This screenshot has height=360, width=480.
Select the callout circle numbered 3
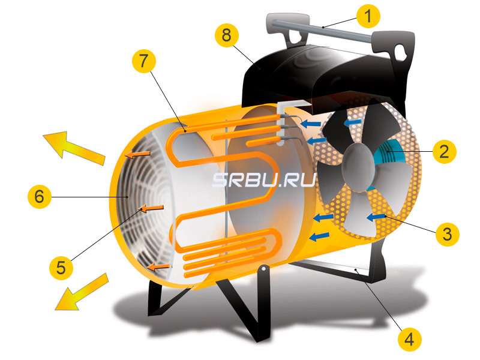[x=444, y=233]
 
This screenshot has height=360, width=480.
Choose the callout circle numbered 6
[x=39, y=196]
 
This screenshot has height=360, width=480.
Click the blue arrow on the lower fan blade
[x=376, y=216]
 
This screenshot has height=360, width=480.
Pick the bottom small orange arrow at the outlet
[x=160, y=265]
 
